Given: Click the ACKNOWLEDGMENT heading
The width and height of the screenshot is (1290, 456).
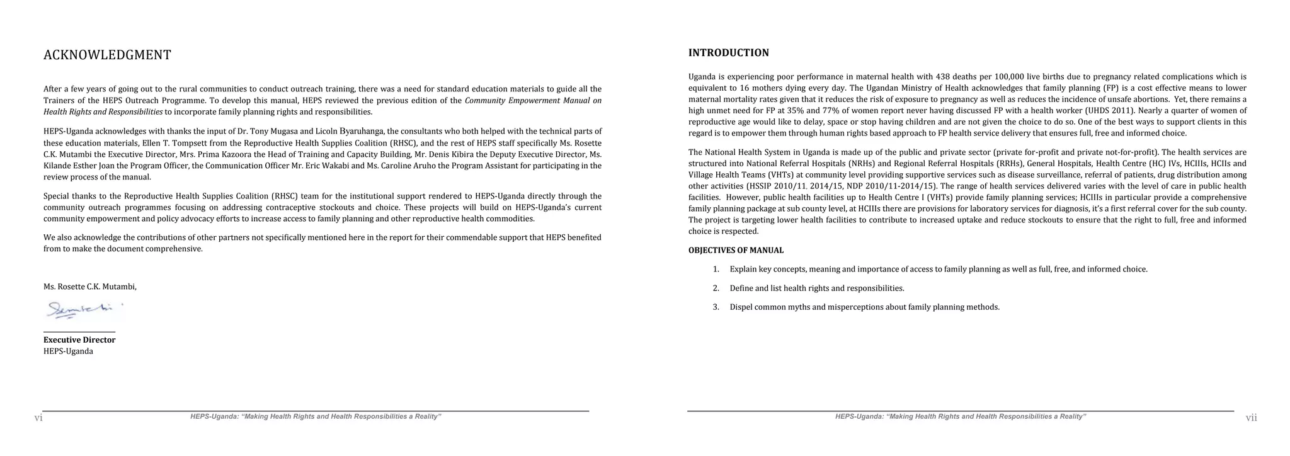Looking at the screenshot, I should (107, 55).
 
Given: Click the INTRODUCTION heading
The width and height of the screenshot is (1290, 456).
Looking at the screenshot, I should (729, 53).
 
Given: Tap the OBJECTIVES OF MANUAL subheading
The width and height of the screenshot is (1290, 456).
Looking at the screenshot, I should (736, 251).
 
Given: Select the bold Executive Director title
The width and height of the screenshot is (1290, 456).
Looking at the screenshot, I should (79, 340).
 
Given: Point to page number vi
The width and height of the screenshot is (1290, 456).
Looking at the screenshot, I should (38, 418).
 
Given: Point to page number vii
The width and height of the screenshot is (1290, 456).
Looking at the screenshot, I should (1251, 418).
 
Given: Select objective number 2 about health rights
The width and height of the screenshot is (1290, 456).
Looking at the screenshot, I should (816, 288).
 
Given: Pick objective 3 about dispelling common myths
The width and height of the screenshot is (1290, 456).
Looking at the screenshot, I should (864, 307).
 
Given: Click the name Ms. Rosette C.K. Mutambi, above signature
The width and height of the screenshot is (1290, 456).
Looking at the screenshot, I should (90, 287).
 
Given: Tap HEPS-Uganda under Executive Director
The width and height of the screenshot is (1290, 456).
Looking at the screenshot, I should (68, 351).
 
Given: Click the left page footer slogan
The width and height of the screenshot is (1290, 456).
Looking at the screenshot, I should (316, 417).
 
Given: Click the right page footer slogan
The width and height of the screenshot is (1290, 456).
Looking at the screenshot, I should (961, 417).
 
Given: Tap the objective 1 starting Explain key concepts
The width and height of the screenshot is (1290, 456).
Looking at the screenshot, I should (938, 270).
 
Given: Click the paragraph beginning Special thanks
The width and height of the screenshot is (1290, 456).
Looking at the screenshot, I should (322, 208).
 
